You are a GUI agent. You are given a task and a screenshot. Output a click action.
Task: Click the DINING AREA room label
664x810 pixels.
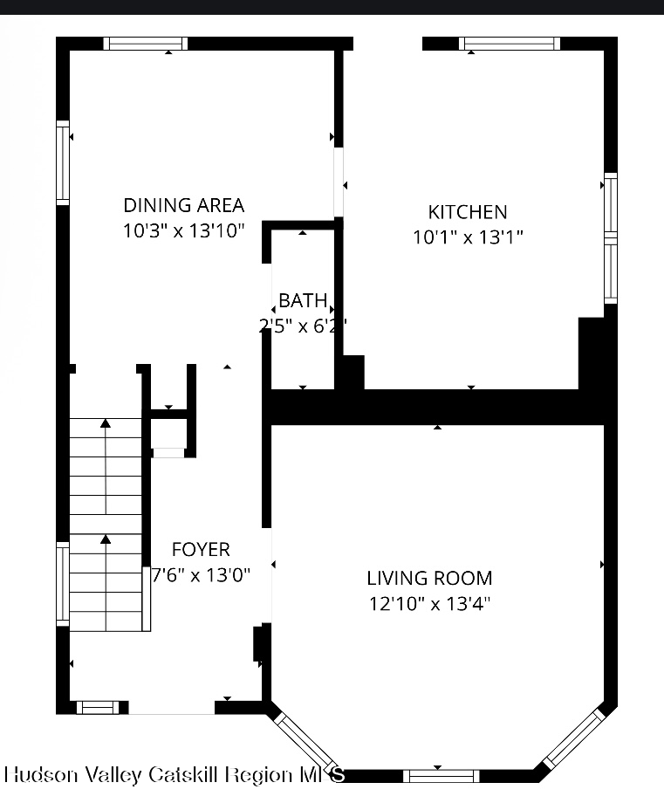click(x=183, y=205)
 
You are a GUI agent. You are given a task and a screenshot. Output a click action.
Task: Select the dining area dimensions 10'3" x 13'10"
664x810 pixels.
click(x=183, y=231)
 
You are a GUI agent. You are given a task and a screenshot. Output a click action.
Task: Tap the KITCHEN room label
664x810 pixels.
click(x=468, y=211)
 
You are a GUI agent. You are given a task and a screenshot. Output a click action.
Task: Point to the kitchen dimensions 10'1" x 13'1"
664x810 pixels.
click(x=468, y=237)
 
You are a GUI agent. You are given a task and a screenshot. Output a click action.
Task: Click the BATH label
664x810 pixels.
click(x=303, y=301)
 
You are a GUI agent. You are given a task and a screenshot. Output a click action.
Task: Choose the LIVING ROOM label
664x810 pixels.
click(x=429, y=578)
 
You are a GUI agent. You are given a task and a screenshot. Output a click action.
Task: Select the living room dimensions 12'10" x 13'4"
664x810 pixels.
click(x=429, y=603)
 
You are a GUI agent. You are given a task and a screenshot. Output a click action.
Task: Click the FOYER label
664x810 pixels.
click(x=201, y=549)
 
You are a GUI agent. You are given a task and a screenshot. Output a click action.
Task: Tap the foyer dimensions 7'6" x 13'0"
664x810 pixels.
click(x=201, y=575)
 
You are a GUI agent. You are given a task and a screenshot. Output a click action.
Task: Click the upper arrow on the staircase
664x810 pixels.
click(x=106, y=425)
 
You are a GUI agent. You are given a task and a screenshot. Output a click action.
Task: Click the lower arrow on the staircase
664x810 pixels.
click(x=106, y=541)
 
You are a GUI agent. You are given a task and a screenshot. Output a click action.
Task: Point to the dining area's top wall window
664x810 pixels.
click(x=145, y=44)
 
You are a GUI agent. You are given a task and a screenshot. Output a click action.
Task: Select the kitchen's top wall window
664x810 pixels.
click(x=510, y=44)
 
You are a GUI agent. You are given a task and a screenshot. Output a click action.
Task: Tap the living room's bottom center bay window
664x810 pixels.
click(x=441, y=776)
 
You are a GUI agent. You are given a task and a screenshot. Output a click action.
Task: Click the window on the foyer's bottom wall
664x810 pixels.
click(x=96, y=707)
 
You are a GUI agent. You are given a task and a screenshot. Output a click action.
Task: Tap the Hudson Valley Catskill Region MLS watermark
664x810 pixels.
click(x=175, y=775)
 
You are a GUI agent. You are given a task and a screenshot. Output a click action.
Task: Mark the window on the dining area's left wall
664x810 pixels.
click(x=63, y=162)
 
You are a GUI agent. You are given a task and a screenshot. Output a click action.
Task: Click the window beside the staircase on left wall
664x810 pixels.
click(x=63, y=583)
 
